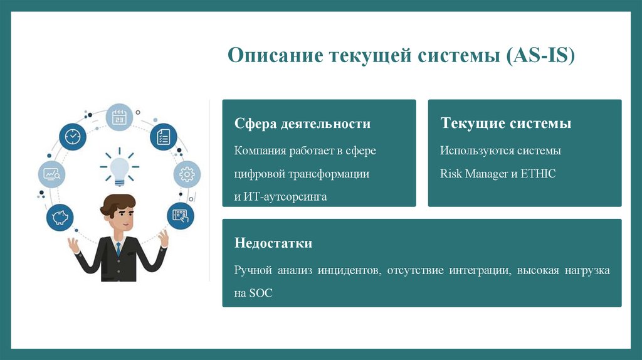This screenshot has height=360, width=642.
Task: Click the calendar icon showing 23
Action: (119, 117)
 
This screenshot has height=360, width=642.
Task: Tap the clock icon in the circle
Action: (73, 136)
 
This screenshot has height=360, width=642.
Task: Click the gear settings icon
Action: (187, 174)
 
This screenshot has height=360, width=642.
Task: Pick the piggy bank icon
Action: (60, 217)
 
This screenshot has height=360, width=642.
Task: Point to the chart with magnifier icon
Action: (51, 174)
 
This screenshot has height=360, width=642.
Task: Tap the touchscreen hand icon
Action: (180, 216)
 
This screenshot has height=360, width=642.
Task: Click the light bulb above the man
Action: (119, 168)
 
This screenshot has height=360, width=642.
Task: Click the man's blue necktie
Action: (117, 249)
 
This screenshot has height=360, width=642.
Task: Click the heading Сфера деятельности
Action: (302, 124)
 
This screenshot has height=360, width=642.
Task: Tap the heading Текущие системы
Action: (505, 124)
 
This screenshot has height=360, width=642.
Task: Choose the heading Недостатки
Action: (273, 243)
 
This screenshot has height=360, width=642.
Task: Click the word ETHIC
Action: (538, 174)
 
